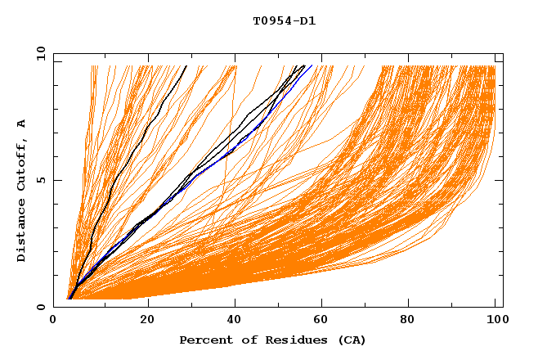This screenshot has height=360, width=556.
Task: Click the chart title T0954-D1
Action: [284, 20]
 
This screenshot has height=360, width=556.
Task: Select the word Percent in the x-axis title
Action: [204, 340]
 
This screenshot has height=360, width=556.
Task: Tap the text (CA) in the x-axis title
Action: [349, 340]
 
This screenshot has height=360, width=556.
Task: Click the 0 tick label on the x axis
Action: [54, 320]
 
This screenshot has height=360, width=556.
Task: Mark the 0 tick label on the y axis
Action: [41, 307]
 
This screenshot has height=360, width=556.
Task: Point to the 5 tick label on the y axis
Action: [41, 180]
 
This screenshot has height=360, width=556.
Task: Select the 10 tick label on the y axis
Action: [38, 53]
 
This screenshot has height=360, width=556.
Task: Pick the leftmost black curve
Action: [123, 164]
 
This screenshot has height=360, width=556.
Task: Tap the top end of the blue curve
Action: [311, 66]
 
